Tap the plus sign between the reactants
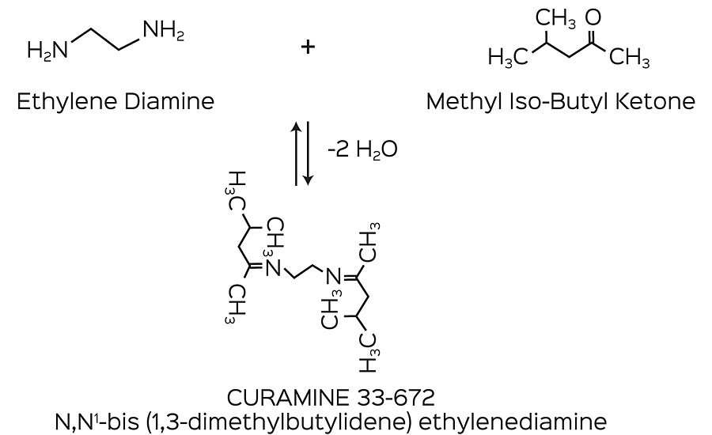[307, 47]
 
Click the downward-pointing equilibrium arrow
[309, 154]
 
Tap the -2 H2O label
[363, 151]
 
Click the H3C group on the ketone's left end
[506, 57]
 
